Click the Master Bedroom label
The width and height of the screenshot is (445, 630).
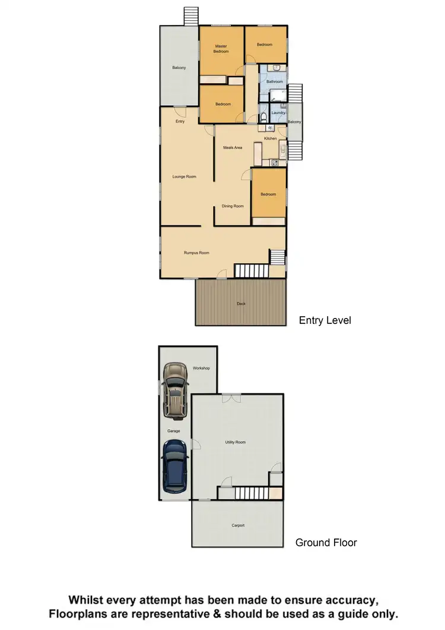click(x=221, y=49)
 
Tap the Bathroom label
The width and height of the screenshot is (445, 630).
click(x=274, y=81)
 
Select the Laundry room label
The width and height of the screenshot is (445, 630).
click(x=278, y=112)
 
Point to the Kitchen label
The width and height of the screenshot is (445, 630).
click(x=271, y=138)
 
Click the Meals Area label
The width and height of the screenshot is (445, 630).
click(x=233, y=147)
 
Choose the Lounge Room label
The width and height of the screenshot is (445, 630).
click(x=184, y=177)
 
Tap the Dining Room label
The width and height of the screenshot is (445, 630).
click(x=233, y=206)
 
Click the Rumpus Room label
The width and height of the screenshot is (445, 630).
click(x=196, y=253)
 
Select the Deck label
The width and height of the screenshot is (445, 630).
click(x=241, y=304)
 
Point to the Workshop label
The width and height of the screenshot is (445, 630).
click(x=201, y=368)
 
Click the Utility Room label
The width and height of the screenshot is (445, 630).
click(x=235, y=442)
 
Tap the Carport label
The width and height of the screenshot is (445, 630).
click(x=237, y=525)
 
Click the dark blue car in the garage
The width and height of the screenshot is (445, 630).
click(x=176, y=467)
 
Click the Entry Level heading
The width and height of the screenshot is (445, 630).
click(x=325, y=320)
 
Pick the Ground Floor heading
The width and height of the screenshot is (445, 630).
click(x=326, y=543)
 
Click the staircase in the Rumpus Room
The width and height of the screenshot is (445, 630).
click(x=252, y=271)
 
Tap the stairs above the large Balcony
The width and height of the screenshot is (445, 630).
click(x=190, y=15)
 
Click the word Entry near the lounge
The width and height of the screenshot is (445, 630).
click(x=180, y=122)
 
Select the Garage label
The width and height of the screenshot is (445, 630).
click(x=173, y=431)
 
